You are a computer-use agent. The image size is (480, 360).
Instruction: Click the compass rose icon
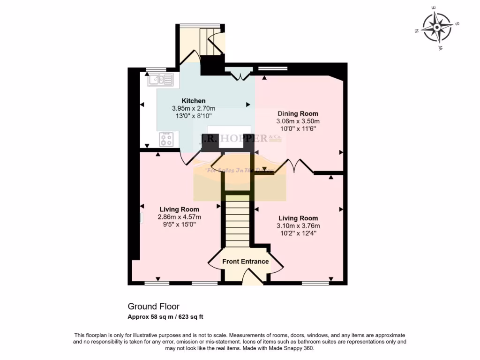(437, 27)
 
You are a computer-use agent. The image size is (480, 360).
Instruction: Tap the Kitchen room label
(194, 101)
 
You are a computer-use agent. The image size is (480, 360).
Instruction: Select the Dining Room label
(298, 113)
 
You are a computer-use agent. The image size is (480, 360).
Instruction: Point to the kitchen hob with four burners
(166, 139)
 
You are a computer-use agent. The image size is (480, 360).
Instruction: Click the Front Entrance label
(245, 262)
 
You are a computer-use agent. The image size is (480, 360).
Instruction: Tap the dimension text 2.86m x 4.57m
(179, 217)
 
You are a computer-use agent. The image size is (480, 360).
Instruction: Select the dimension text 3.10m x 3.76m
(298, 226)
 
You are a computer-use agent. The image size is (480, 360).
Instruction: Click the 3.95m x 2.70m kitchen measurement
(194, 108)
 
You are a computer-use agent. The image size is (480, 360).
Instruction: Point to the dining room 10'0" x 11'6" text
(298, 128)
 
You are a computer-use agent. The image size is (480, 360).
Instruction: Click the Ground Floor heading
(153, 307)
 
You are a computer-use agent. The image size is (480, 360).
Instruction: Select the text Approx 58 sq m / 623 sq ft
(165, 317)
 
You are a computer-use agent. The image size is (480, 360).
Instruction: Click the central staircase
(238, 220)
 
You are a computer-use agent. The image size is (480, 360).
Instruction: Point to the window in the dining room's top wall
(272, 69)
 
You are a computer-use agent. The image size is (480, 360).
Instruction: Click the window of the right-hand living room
(315, 283)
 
